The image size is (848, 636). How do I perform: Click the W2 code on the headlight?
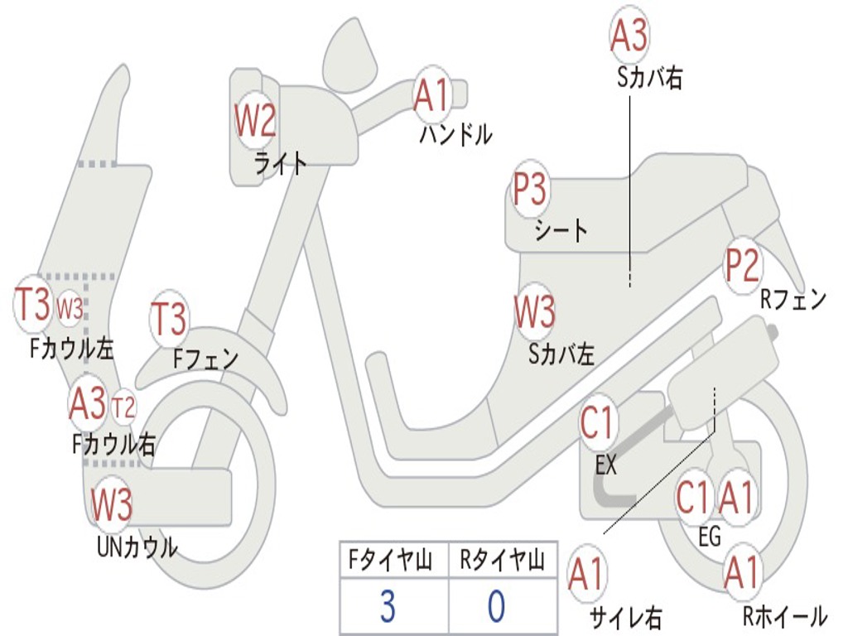click(x=254, y=122)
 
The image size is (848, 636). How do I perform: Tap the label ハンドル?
click(x=455, y=133)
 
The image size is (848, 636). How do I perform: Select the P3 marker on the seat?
click(x=530, y=191)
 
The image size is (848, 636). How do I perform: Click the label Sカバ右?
click(x=649, y=78)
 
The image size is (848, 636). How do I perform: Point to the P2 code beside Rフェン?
click(x=742, y=265)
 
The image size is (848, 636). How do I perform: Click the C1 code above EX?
click(x=599, y=423)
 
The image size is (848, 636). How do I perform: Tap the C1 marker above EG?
click(x=693, y=498)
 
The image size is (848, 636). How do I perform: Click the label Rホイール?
click(x=784, y=616)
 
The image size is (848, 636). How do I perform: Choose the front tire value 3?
click(x=388, y=607)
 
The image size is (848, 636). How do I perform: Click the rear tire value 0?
click(x=496, y=607)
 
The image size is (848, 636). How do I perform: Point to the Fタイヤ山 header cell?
click(x=389, y=562)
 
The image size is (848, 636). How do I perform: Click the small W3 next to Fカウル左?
click(x=70, y=308)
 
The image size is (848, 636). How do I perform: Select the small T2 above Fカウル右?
click(x=123, y=406)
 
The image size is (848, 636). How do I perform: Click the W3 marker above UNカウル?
click(x=112, y=504)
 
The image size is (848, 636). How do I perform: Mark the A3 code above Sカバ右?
click(x=629, y=35)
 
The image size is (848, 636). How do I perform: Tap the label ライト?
click(x=281, y=163)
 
